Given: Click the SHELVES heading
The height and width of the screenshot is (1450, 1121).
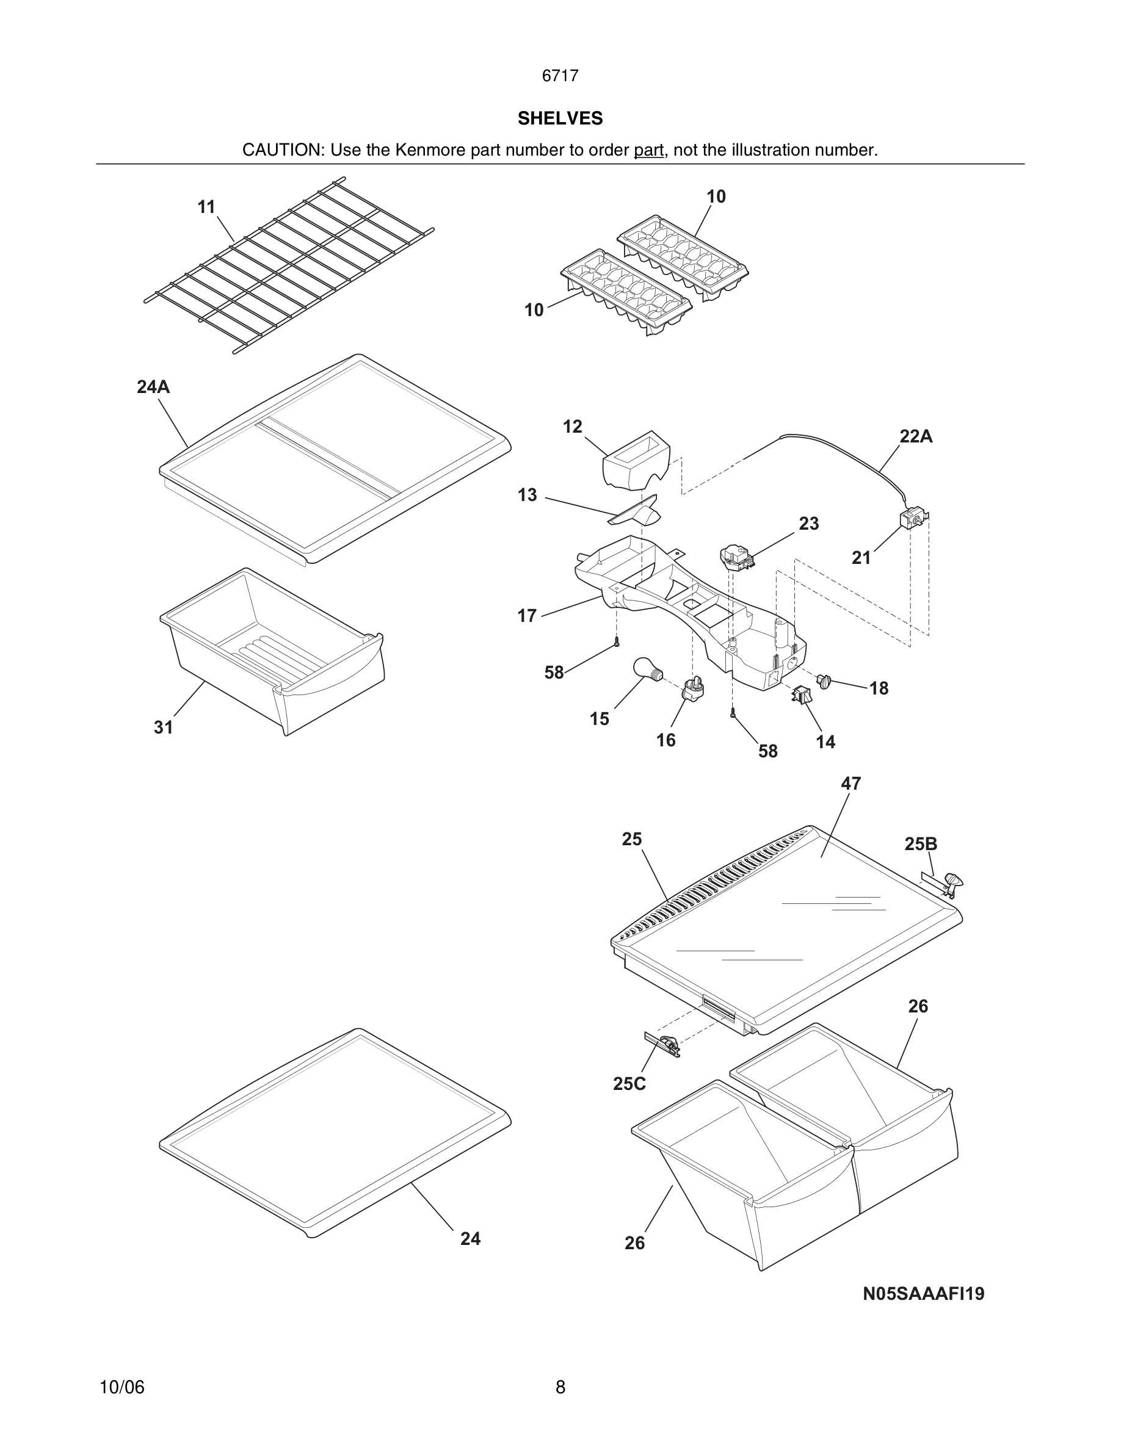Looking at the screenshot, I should tap(560, 118).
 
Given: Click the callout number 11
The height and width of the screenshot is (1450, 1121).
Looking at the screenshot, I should tap(206, 207).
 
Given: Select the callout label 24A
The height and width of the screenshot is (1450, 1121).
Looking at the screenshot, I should tap(153, 386).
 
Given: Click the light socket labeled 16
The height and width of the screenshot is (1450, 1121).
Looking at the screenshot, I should tap(692, 690).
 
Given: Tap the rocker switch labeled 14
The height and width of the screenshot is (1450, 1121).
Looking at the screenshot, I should tap(802, 695).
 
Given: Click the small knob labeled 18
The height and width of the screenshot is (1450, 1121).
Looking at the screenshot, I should tap(825, 680).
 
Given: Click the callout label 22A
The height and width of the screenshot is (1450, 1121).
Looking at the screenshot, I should tap(916, 436).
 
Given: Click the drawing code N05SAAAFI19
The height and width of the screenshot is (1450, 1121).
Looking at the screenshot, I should tap(923, 1293).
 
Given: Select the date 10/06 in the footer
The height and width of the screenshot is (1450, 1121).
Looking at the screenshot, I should tap(122, 1387).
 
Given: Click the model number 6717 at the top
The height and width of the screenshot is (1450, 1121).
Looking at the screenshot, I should tap(560, 76).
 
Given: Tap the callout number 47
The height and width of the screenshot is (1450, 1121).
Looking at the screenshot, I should tap(851, 784).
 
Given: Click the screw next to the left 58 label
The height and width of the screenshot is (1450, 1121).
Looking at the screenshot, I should tap(617, 642).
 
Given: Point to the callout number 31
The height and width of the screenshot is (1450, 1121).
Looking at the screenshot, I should tap(164, 727).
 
